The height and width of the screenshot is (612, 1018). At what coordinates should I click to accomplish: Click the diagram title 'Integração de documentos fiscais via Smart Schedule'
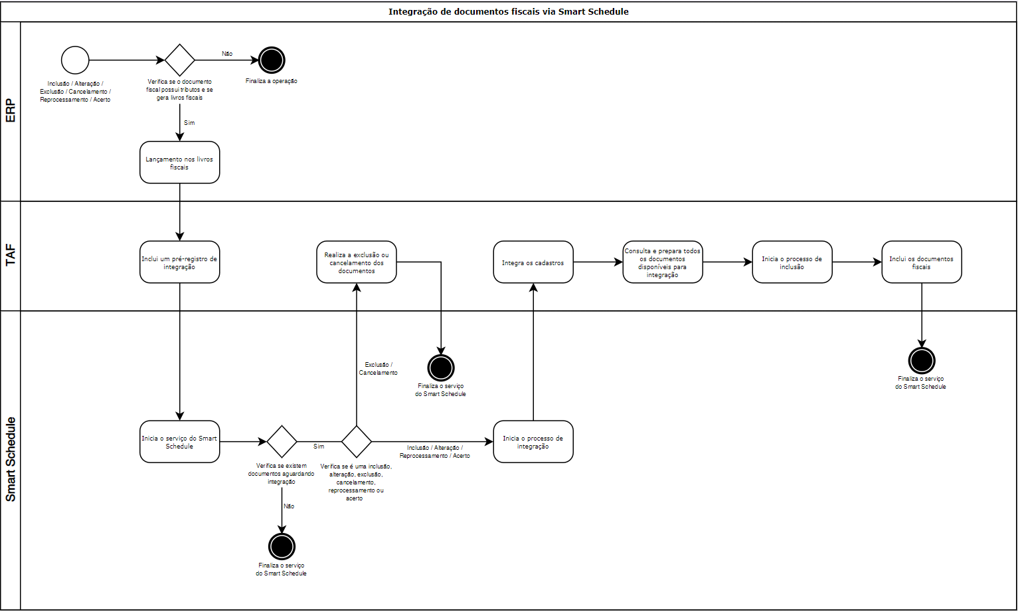508,11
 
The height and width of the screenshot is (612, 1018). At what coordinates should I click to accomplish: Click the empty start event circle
75,60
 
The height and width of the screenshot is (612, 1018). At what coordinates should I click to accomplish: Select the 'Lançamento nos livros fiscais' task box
179,162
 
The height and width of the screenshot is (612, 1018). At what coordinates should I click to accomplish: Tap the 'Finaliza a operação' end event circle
271,60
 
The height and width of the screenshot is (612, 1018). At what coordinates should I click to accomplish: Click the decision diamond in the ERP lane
179,60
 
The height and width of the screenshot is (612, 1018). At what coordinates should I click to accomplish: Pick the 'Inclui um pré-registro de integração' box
179,262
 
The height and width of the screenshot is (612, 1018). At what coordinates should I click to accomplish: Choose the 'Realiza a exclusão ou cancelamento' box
357,262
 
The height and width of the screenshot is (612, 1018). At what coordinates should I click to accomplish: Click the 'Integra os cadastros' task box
533,262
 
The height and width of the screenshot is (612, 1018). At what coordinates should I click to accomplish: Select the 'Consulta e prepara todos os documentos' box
663,262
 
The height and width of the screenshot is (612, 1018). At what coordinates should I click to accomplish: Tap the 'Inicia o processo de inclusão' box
792,262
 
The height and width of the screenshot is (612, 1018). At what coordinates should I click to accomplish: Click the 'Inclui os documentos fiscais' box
922,262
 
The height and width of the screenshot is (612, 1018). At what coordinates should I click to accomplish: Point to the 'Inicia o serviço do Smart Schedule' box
179,441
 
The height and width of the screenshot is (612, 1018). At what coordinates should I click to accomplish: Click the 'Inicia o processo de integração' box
533,441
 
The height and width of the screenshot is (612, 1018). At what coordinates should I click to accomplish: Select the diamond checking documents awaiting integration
282,441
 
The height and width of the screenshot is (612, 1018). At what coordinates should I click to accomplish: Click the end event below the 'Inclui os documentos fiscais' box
922,361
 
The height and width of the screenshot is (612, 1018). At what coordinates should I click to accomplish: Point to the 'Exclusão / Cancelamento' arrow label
379,369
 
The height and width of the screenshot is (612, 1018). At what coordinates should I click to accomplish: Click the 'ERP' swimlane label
11,111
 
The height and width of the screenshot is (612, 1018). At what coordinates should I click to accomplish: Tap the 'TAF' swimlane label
11,255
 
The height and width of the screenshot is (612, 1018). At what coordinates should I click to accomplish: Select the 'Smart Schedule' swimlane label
11,459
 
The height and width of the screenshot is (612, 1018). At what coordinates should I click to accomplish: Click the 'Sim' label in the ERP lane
189,123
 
